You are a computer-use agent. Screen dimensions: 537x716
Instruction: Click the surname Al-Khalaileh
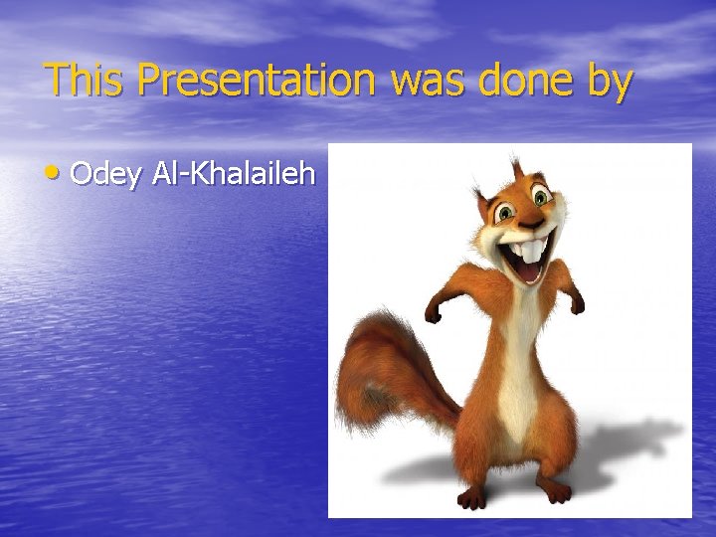(236, 174)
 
